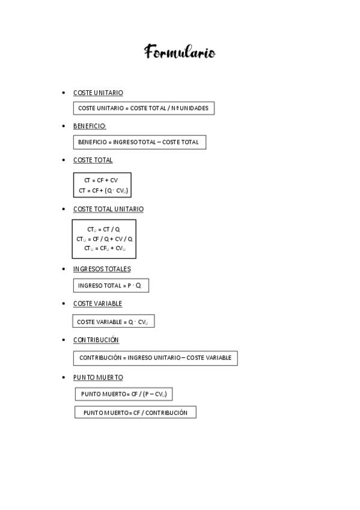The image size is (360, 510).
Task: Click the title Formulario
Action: [180, 53]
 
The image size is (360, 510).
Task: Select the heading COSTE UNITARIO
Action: [98, 93]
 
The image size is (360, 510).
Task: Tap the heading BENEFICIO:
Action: [90, 126]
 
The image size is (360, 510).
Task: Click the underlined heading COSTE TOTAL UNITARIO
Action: [108, 209]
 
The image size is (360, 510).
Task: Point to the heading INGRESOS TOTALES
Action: [102, 269]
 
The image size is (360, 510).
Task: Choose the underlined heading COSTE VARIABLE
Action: [97, 304]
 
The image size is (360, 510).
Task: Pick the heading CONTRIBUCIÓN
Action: [96, 340]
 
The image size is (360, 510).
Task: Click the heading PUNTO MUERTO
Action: [98, 377]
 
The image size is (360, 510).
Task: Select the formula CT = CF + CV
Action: [101, 180]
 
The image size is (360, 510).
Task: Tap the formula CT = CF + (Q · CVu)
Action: [103, 191]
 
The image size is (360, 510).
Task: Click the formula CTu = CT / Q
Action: [103, 229]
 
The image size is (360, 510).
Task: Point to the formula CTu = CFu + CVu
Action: [105, 248]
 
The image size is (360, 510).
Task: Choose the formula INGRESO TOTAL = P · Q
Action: [110, 286]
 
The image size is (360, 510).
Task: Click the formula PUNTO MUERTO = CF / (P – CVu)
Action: [124, 394]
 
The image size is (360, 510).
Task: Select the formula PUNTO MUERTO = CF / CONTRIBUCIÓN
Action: [135, 413]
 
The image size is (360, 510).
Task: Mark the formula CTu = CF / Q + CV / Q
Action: [105, 239]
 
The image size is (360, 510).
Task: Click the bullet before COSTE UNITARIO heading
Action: [64, 93]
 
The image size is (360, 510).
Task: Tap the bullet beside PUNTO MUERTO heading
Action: [64, 377]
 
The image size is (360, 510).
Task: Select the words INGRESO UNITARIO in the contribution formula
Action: [154, 358]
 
